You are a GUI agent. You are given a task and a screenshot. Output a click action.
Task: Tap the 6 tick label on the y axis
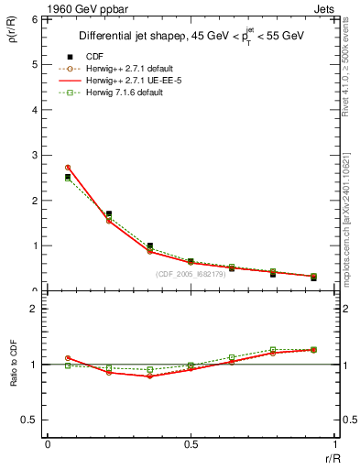[x=33, y=19]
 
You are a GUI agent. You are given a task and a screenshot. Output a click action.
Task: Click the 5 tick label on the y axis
[x=33, y=64]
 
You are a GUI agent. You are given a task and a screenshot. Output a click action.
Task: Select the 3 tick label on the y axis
[x=33, y=155]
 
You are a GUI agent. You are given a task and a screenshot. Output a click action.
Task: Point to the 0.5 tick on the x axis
[x=191, y=445]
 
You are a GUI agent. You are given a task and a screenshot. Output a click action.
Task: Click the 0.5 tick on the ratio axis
[x=29, y=420]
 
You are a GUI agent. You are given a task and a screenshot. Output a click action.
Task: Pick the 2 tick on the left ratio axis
[x=33, y=310]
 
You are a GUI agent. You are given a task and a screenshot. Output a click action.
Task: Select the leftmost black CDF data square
[x=68, y=177]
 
